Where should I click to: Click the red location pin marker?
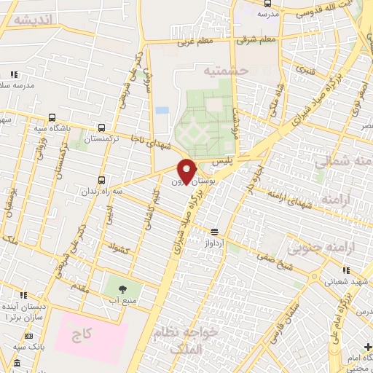(x=186, y=170)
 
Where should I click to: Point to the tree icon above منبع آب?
(x=122, y=287)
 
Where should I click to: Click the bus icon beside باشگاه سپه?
(x=52, y=117)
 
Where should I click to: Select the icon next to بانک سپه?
(x=29, y=336)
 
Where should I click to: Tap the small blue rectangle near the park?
(x=162, y=110)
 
